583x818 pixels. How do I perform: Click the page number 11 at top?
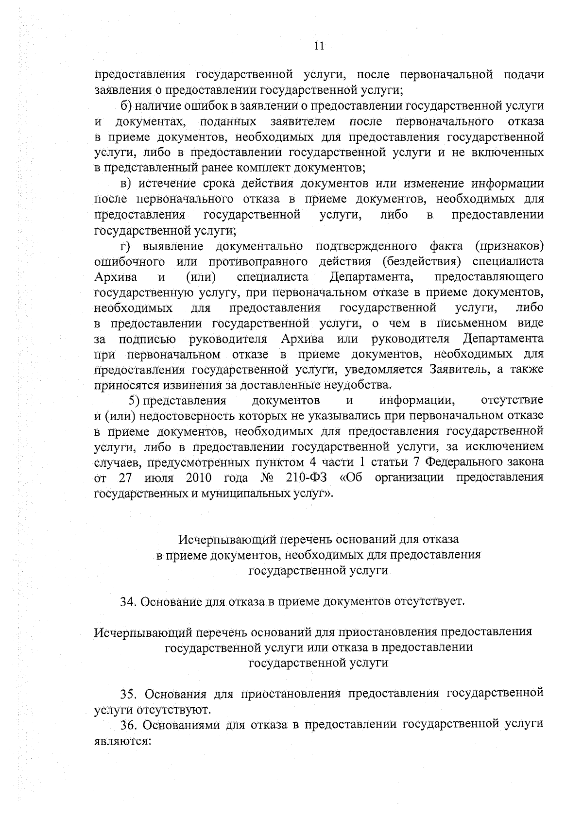click(x=319, y=46)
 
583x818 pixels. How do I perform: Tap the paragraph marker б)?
click(x=127, y=105)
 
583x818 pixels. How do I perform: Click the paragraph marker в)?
click(x=127, y=184)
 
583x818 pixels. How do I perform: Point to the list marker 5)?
click(x=135, y=401)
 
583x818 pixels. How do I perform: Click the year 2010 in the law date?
click(x=198, y=477)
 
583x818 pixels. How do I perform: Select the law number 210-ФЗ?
click(x=306, y=477)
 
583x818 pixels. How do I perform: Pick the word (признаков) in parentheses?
click(x=509, y=246)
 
